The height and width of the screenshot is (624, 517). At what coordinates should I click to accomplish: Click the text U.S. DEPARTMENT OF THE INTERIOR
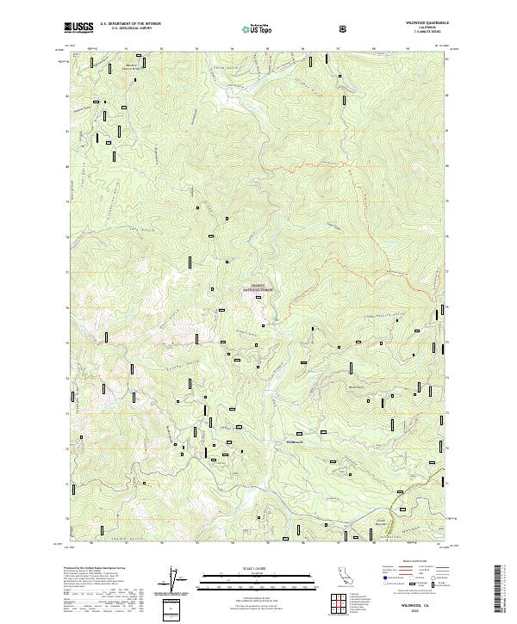click(130, 24)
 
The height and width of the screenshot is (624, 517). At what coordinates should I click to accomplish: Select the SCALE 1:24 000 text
click(250, 567)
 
